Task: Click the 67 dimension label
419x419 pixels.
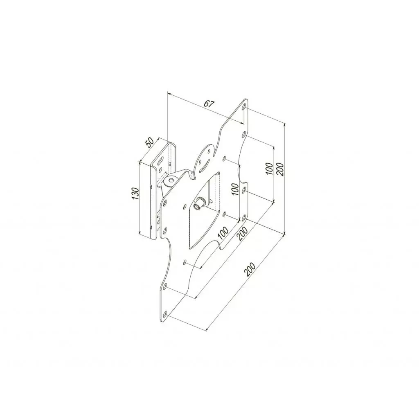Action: [x=209, y=104]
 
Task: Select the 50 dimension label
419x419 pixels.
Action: [x=150, y=142]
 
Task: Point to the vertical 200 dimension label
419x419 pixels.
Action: [x=280, y=168]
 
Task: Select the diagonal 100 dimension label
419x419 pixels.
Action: [x=223, y=233]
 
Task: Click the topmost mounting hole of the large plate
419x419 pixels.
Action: [x=244, y=108]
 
